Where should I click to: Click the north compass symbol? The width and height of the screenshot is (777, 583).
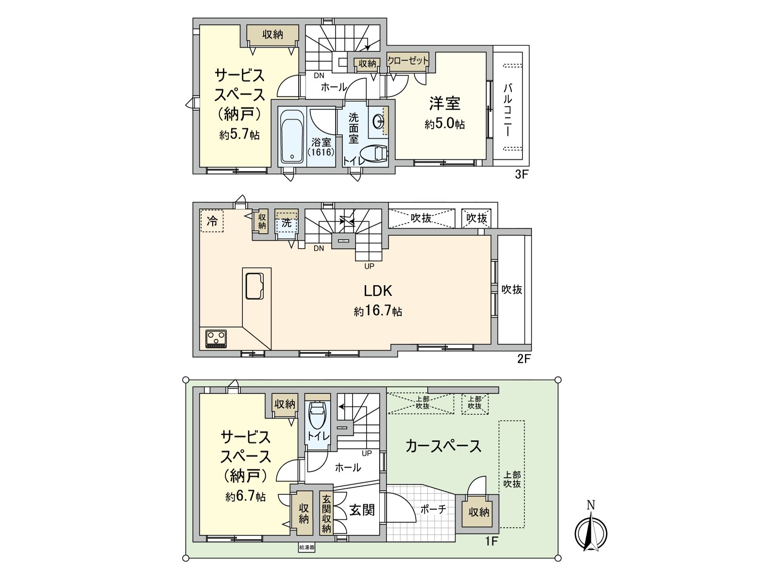tap(591, 532)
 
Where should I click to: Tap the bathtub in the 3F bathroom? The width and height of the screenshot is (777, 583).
tap(292, 136)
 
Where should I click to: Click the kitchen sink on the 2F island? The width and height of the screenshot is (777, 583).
tap(254, 286)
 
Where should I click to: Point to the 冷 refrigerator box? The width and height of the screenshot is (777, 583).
tap(212, 222)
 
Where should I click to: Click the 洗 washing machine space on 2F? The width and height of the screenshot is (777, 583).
tap(287, 223)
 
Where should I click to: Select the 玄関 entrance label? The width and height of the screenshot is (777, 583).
tap(362, 510)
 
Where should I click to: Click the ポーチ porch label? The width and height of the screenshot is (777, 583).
tap(433, 509)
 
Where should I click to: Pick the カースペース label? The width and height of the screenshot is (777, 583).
tap(443, 446)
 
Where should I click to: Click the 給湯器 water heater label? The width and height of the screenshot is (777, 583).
tap(306, 548)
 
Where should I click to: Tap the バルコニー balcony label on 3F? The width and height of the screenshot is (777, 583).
tap(507, 110)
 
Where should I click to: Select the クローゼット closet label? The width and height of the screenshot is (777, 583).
tap(408, 61)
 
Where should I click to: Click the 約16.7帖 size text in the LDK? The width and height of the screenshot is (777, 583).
tap(378, 311)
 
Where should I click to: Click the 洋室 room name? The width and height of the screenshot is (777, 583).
tap(444, 103)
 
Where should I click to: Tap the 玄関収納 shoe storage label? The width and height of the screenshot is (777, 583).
tap(326, 514)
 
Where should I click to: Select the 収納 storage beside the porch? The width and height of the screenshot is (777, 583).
tap(479, 512)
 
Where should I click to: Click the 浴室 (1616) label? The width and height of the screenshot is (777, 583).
tap(321, 147)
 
